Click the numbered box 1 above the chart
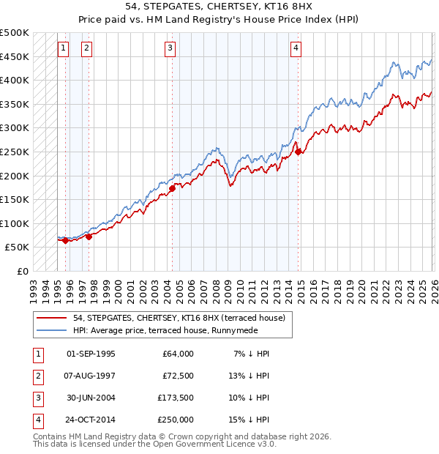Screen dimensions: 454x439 click(x=63, y=49)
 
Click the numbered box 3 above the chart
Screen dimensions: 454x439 click(x=170, y=49)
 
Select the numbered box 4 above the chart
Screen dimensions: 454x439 click(x=296, y=49)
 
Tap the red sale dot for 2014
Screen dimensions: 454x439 click(x=299, y=152)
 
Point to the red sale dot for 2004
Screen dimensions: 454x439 click(x=173, y=188)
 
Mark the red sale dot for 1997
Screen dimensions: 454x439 click(x=89, y=237)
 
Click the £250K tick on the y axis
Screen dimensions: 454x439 click(x=15, y=152)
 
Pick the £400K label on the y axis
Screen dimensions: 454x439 click(x=15, y=80)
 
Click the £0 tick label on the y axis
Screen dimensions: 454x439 click(x=23, y=271)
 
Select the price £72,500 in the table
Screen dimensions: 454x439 click(x=176, y=375)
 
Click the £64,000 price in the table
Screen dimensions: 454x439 click(x=176, y=353)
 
